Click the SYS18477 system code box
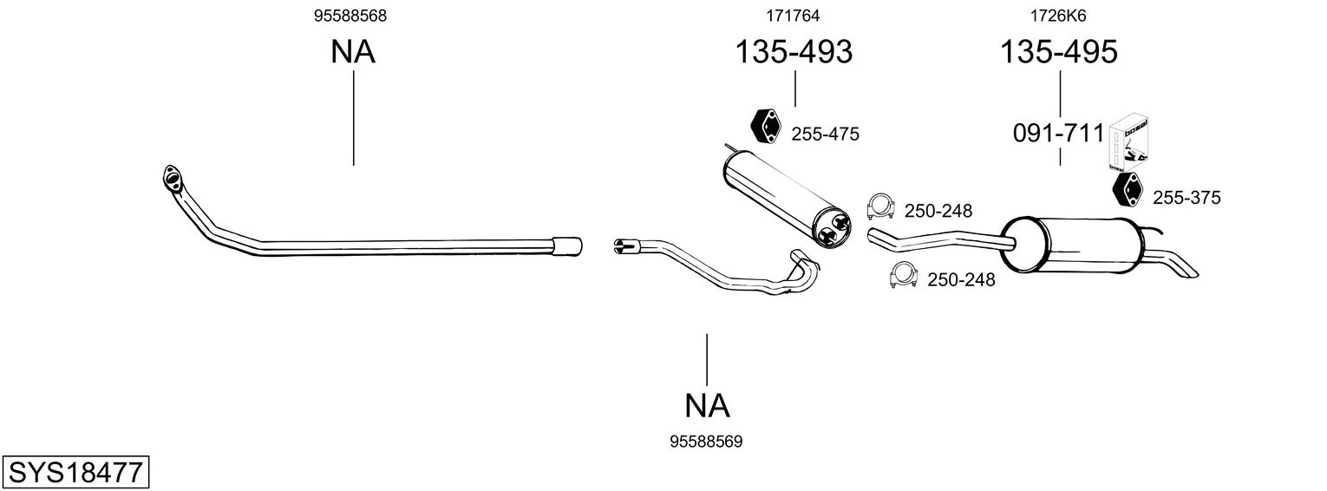point(75,472)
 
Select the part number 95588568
point(350,16)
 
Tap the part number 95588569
point(706,442)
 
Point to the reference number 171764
point(793,16)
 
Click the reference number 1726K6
point(1058,16)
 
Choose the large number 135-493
point(794,51)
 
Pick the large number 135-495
point(1059,51)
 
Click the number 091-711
point(1059,134)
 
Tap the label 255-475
point(825,134)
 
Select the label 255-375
point(1186,198)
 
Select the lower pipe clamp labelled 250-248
point(904,275)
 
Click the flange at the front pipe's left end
point(172,179)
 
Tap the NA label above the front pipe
point(353,52)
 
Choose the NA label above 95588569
point(707,406)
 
